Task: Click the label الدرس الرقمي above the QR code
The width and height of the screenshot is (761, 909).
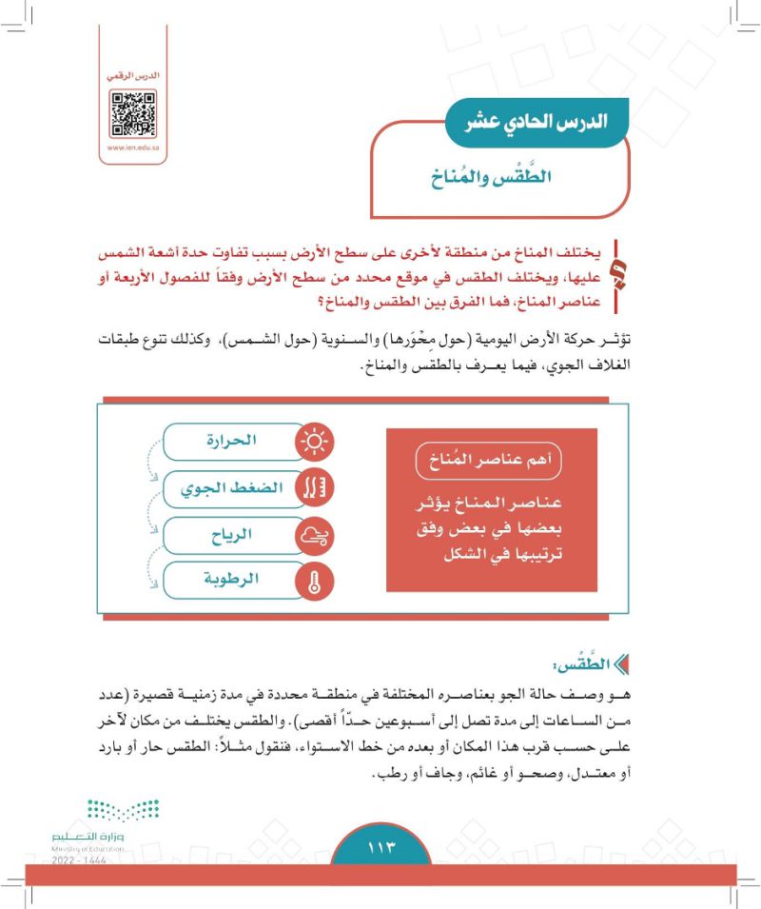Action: pyautogui.click(x=133, y=74)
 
